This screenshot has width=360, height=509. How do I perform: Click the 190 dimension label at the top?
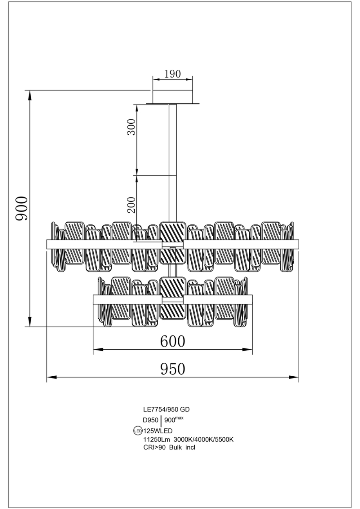(x=172, y=74)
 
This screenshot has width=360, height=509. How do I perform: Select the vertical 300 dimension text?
(x=131, y=126)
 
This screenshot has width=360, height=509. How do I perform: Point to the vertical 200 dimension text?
(x=131, y=204)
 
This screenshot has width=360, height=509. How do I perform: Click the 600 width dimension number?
(x=172, y=341)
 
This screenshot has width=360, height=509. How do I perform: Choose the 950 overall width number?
(x=172, y=369)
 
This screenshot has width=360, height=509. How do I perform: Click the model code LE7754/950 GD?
(x=166, y=410)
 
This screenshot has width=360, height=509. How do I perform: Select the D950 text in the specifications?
(x=150, y=421)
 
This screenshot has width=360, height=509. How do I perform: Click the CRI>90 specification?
(x=154, y=448)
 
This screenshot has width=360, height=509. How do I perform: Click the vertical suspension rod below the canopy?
(x=172, y=157)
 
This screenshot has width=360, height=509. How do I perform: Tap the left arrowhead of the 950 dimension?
(x=51, y=377)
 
